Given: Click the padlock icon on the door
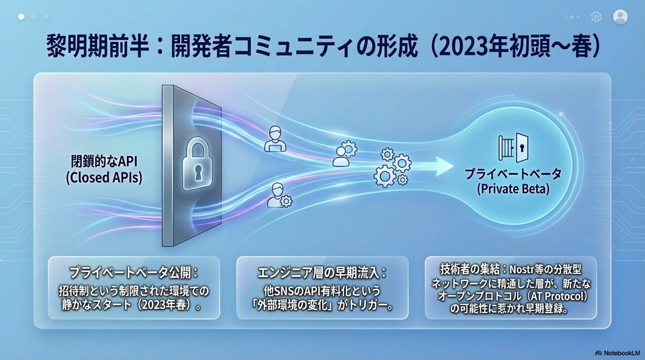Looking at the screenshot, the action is tap(197, 165).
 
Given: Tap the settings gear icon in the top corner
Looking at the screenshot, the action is tap(596, 17).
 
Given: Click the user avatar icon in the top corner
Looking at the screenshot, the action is tap(620, 17).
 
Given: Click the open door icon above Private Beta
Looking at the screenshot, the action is tap(513, 148).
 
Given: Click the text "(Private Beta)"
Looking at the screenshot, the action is tap(513, 189).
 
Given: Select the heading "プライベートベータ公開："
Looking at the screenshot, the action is tap(134, 273).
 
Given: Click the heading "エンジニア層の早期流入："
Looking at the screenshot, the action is tap(322, 273).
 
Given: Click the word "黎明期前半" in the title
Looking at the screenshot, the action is tap(97, 47).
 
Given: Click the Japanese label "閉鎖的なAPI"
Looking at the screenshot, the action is tap(104, 162).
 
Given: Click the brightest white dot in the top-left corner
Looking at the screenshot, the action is tap(21, 16).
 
